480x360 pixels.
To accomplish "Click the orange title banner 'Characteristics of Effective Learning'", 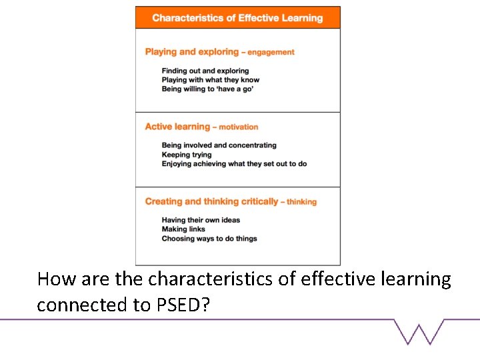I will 237,18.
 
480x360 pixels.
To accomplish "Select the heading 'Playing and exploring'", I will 191,52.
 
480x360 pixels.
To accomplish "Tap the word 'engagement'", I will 271,53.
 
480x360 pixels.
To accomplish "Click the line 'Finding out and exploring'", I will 205,71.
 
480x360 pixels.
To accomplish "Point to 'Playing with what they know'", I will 211,80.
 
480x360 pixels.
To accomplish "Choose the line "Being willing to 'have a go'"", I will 207,89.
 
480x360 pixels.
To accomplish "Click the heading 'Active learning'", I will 177,127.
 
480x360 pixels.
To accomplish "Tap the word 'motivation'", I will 239,127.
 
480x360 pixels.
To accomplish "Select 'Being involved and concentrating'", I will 219,145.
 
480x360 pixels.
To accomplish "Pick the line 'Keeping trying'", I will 187,155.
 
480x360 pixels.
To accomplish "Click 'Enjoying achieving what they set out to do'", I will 234,164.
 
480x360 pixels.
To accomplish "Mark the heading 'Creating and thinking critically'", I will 211,201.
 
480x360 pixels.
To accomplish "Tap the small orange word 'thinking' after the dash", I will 302,202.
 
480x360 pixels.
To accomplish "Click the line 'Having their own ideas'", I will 201,220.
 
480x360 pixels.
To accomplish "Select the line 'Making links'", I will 183,229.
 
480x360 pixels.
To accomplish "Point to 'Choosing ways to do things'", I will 209,239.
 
